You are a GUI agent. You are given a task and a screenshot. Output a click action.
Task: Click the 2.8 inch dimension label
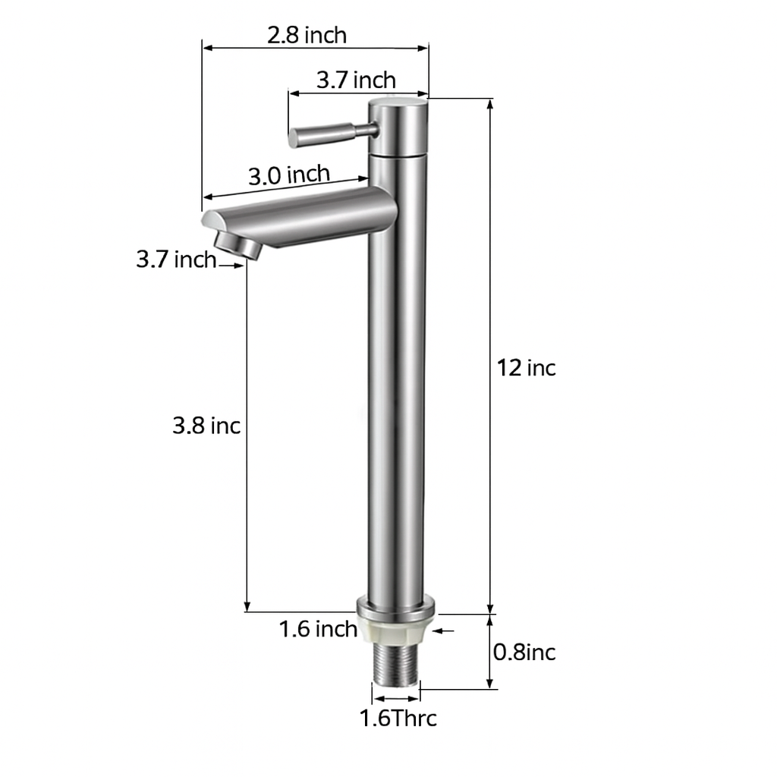click(x=307, y=35)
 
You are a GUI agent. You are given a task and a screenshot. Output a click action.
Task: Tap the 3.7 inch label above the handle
click(x=356, y=80)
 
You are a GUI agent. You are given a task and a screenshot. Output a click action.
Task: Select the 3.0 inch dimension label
click(x=289, y=175)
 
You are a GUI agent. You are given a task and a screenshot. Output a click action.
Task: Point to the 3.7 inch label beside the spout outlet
click(x=176, y=260)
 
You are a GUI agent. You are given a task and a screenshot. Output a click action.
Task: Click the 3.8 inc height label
click(x=206, y=426)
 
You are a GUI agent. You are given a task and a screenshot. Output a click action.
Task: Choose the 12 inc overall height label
click(x=527, y=368)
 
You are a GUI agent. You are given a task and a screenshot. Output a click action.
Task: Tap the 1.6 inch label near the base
click(x=318, y=629)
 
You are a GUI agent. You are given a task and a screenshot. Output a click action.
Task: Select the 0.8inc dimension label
click(x=524, y=652)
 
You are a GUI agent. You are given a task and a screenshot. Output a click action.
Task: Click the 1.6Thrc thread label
click(x=398, y=718)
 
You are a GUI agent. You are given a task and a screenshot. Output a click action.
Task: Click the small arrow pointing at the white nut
click(x=443, y=630)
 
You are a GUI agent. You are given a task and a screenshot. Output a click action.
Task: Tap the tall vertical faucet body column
click(x=396, y=379)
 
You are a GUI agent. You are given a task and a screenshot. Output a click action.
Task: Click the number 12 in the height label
click(x=509, y=368)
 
